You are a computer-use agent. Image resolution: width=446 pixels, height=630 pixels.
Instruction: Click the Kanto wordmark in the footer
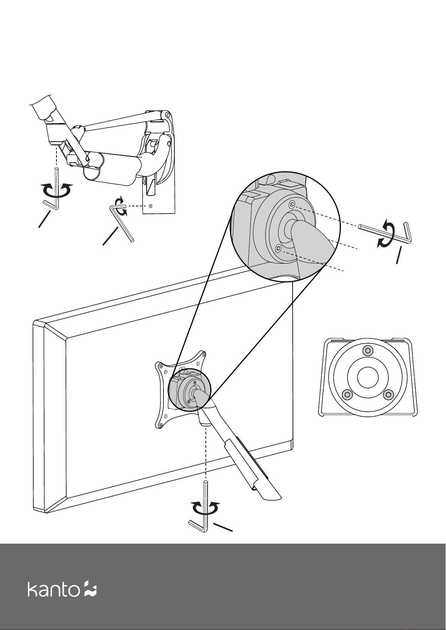[54, 589]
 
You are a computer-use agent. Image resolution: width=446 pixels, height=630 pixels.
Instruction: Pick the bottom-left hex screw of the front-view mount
[347, 394]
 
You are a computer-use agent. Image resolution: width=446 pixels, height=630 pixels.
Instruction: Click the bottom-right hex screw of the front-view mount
[389, 394]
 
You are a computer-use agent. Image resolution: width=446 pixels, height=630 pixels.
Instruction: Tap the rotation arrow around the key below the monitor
[206, 508]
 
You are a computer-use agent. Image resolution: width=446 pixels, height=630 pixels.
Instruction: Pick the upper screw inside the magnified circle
[292, 204]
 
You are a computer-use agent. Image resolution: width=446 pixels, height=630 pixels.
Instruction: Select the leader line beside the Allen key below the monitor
[223, 528]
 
